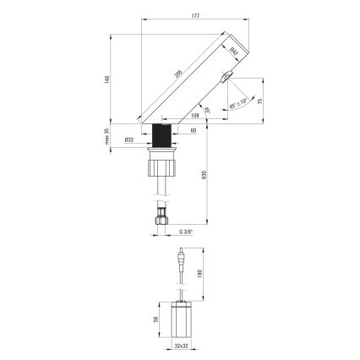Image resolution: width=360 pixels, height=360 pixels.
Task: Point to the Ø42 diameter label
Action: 234,52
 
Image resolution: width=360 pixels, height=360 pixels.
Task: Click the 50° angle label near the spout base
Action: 206,111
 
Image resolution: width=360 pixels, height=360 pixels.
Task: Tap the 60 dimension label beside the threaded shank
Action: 193,131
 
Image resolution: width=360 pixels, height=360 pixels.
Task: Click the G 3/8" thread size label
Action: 186,232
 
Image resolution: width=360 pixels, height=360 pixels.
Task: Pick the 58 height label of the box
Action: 157,320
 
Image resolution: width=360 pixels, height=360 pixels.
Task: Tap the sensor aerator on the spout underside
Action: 225,79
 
